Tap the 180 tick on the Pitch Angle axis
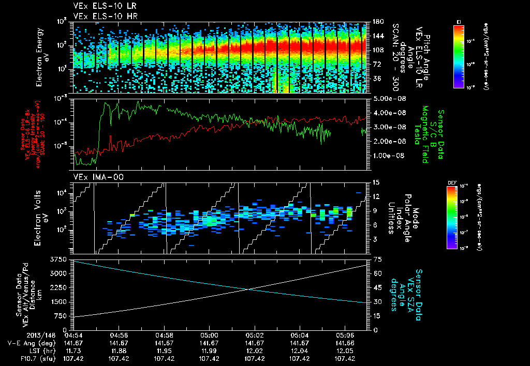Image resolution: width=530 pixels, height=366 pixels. (377, 22)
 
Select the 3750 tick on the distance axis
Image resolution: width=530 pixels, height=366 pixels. (60, 258)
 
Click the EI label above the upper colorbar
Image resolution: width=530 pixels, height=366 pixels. (459, 21)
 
